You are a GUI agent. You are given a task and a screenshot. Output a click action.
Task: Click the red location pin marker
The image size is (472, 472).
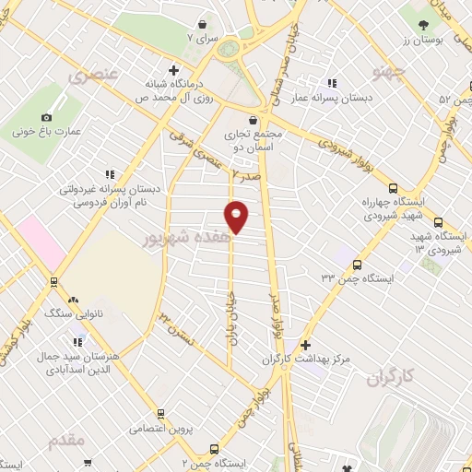pyautogui.click(x=236, y=216)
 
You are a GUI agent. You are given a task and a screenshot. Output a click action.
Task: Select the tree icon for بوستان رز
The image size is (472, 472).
pyautogui.click(x=423, y=25)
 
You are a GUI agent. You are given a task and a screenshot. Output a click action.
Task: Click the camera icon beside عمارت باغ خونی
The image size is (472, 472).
pyautogui.click(x=46, y=117)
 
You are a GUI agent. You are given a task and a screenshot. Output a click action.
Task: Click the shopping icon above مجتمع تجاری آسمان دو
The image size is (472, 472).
pyautogui.click(x=253, y=119)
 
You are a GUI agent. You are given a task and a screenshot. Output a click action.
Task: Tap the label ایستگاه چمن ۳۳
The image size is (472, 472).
pyautogui.click(x=358, y=277)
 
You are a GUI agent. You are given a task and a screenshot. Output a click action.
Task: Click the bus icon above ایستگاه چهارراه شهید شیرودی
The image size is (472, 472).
pyautogui.click(x=393, y=186)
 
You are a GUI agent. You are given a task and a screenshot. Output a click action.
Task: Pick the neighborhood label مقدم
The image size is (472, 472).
pyautogui.click(x=67, y=440)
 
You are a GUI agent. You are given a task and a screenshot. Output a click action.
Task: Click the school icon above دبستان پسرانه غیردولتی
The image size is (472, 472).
pyautogui.click(x=110, y=173)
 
